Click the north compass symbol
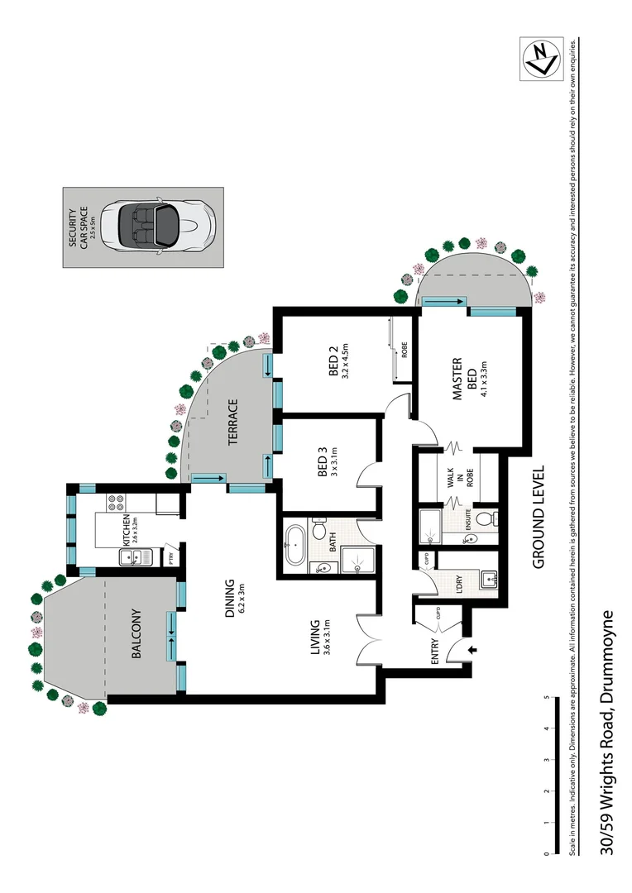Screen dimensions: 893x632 (x=542, y=58)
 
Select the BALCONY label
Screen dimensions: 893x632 (x=137, y=635)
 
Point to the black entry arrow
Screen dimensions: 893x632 (x=472, y=651)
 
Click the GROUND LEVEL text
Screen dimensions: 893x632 (x=538, y=516)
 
